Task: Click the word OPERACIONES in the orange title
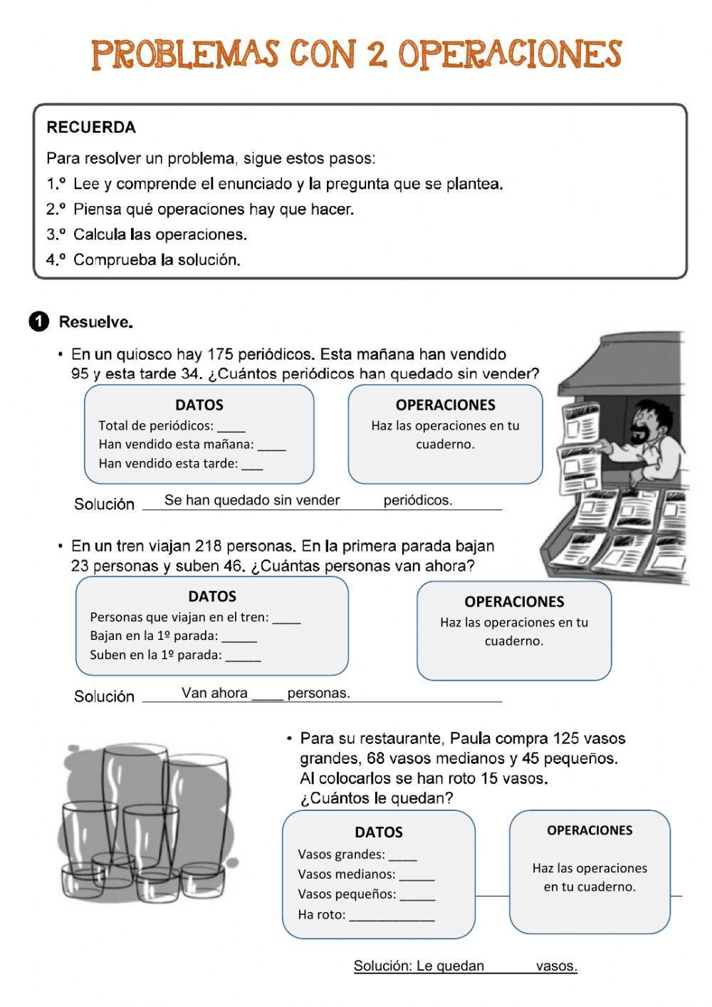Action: click(509, 54)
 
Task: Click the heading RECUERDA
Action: click(90, 128)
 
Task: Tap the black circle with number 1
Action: click(38, 322)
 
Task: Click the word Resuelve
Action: click(95, 322)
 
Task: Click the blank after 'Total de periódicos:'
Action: click(231, 428)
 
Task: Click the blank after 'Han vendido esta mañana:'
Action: click(271, 446)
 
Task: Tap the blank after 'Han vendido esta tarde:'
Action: click(252, 465)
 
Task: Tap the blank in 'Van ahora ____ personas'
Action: click(268, 695)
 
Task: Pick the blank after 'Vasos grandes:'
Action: click(402, 857)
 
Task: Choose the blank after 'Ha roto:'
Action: click(391, 916)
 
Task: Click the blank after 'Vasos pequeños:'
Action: click(417, 897)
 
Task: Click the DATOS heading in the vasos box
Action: click(379, 832)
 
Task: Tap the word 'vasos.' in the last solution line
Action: click(556, 966)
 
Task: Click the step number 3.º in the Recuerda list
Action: click(56, 234)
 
